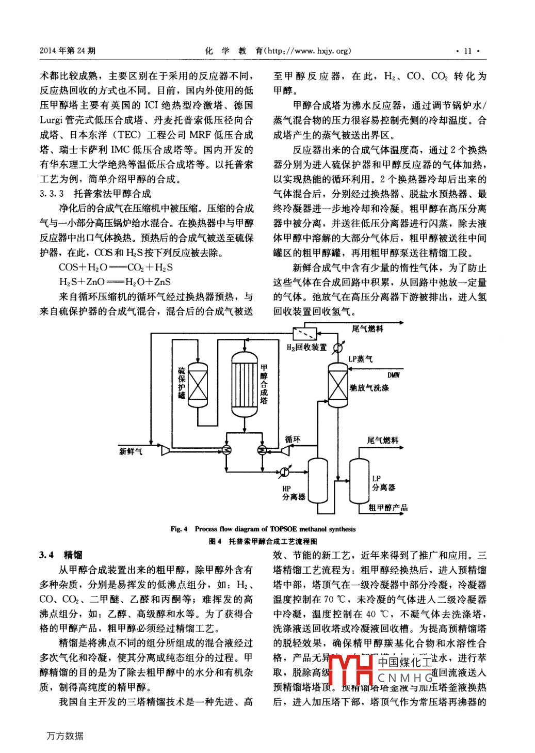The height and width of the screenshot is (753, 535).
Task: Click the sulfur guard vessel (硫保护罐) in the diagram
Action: pyautogui.click(x=198, y=385)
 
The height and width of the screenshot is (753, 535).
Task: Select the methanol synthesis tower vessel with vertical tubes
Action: pyautogui.click(x=244, y=384)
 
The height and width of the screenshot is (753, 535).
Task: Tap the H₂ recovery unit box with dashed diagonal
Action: pyautogui.click(x=305, y=333)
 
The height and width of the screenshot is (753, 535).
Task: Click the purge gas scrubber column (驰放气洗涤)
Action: pyautogui.click(x=338, y=385)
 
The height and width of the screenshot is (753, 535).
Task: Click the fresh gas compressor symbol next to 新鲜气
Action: pyautogui.click(x=166, y=450)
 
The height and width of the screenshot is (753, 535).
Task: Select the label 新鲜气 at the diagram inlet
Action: pyautogui.click(x=131, y=451)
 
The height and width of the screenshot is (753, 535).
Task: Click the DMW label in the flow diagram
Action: pyautogui.click(x=394, y=375)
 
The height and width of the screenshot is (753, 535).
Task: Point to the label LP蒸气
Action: pyautogui.click(x=360, y=359)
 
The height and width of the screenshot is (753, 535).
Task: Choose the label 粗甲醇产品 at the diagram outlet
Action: pyautogui.click(x=387, y=508)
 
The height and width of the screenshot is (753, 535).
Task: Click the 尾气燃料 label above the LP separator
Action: pyautogui.click(x=382, y=440)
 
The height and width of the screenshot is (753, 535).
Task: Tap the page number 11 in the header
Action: pyautogui.click(x=467, y=51)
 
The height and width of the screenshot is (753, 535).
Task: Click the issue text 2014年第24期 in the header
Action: pyautogui.click(x=68, y=51)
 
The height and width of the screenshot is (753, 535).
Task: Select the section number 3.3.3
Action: pyautogui.click(x=52, y=194)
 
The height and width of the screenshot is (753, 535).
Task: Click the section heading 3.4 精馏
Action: pyautogui.click(x=61, y=555)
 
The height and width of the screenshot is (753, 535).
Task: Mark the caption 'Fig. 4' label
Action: pyautogui.click(x=179, y=529)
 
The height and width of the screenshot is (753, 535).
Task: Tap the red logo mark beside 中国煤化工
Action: pyautogui.click(x=351, y=670)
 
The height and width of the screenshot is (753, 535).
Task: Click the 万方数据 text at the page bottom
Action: pyautogui.click(x=65, y=735)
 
